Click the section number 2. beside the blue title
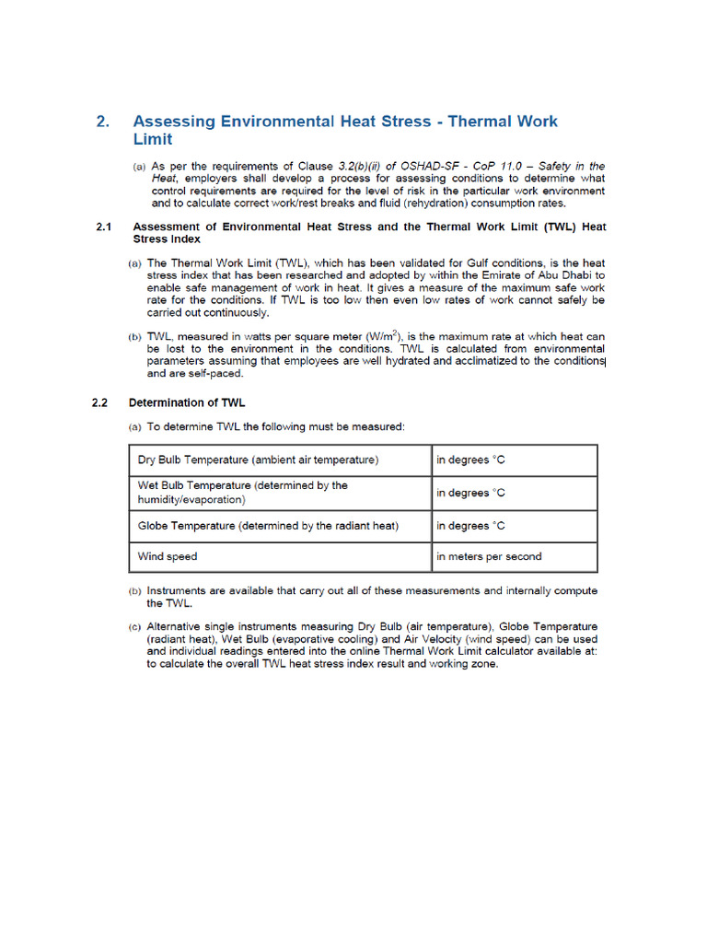[104, 122]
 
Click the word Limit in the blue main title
[153, 139]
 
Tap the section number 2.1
[104, 227]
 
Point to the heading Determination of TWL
[187, 402]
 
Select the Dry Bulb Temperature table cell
[279, 460]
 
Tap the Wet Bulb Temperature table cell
[279, 493]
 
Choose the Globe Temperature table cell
[279, 526]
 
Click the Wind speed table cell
[279, 556]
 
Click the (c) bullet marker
[135, 627]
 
